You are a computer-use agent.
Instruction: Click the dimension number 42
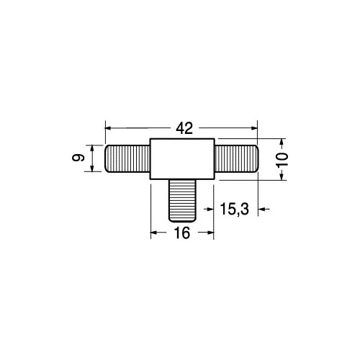coord(184,128)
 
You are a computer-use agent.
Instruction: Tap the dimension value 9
coord(78,158)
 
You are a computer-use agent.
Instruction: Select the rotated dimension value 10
coord(282,159)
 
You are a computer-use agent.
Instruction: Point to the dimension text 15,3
coord(234,209)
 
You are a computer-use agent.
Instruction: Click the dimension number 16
coord(182,233)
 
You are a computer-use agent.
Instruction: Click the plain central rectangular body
coord(182,159)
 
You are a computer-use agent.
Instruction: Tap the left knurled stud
coord(127,158)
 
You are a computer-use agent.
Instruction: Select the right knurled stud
coord(236,158)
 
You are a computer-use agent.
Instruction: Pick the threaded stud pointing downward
coord(182,201)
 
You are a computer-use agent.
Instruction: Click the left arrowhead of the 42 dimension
coord(108,128)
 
